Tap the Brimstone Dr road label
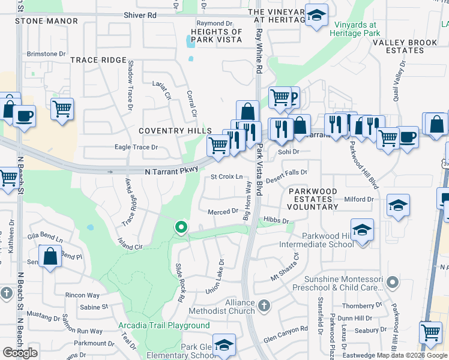pos(46,53)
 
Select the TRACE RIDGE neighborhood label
pos(98,61)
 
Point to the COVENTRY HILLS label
pos(175,131)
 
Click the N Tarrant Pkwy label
pos(171,172)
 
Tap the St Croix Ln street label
pos(226,177)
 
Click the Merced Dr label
pos(223,212)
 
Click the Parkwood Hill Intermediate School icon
pos(362,231)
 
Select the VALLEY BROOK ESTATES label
pos(406,47)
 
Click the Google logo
pos(20,353)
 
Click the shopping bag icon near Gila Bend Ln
pos(51,256)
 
